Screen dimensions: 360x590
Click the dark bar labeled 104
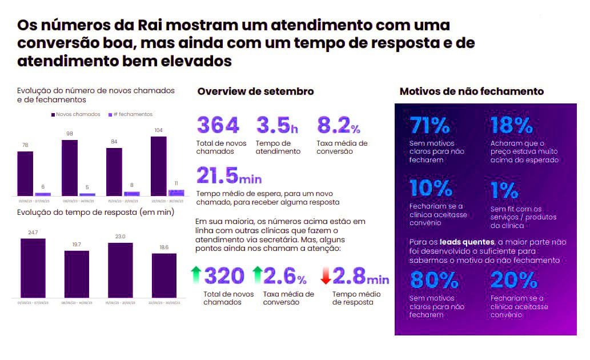(x=158, y=166)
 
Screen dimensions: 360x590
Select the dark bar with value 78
(x=25, y=173)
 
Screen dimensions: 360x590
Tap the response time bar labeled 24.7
(x=33, y=267)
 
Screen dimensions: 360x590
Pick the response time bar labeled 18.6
(x=164, y=275)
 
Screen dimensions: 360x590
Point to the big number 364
(x=218, y=125)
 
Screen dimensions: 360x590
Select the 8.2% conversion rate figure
(x=338, y=125)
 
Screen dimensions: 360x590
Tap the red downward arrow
(x=326, y=277)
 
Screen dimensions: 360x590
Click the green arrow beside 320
(x=196, y=276)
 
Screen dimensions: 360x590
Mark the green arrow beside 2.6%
(x=256, y=276)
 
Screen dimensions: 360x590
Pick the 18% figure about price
(x=511, y=125)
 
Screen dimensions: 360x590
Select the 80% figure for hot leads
(x=434, y=279)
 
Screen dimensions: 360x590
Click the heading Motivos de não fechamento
(x=471, y=91)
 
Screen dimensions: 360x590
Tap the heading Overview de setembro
(x=255, y=91)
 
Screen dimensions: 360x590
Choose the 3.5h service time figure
(x=277, y=125)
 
